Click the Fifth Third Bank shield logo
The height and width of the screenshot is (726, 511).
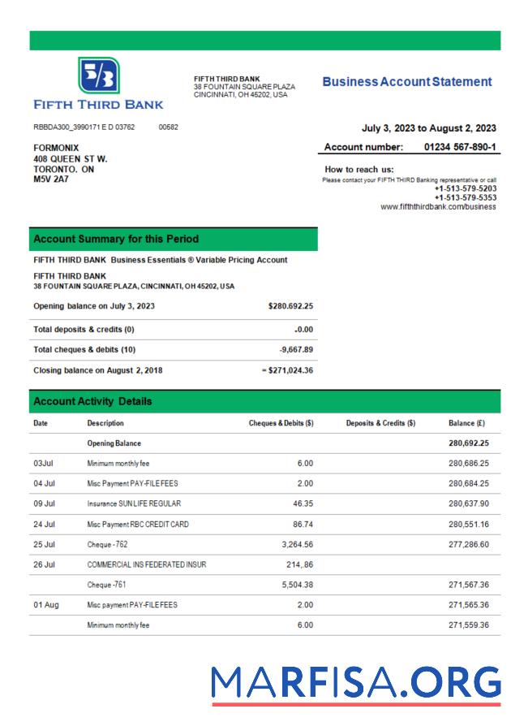click(99, 76)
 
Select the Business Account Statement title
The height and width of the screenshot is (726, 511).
click(406, 82)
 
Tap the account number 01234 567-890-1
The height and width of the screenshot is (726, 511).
click(460, 147)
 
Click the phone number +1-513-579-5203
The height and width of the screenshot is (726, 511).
click(465, 188)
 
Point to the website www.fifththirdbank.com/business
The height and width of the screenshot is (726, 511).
click(438, 207)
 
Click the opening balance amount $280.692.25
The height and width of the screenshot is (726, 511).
click(290, 306)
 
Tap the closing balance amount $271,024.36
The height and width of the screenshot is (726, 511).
click(289, 370)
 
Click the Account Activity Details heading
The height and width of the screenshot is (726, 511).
click(92, 401)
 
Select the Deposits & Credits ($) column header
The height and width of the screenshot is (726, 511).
click(380, 423)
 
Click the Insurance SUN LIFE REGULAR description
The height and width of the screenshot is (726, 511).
click(134, 503)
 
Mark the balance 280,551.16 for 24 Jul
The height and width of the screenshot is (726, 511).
click(468, 525)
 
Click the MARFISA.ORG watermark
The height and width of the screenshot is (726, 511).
click(356, 683)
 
